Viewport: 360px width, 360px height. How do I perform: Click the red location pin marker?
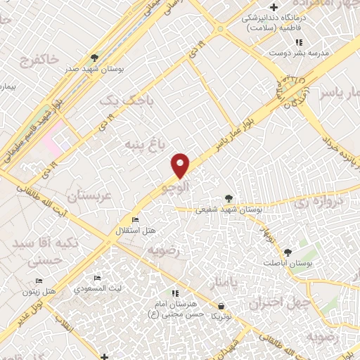181,165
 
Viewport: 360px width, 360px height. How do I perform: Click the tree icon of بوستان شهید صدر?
95,58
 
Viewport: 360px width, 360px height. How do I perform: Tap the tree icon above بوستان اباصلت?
287,252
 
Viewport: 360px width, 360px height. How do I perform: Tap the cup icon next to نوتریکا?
222,306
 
